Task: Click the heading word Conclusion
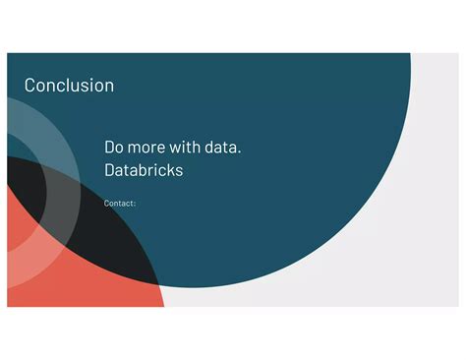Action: tap(69, 86)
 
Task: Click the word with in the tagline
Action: tap(190, 148)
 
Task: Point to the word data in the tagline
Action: tap(224, 148)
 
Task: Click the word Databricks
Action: tap(144, 170)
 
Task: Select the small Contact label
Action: tap(119, 204)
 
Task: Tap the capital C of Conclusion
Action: tap(30, 86)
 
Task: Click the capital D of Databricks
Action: tap(110, 170)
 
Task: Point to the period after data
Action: tap(240, 152)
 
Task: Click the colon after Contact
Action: tap(135, 205)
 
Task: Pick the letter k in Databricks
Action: tap(167, 170)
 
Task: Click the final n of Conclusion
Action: tap(108, 87)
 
